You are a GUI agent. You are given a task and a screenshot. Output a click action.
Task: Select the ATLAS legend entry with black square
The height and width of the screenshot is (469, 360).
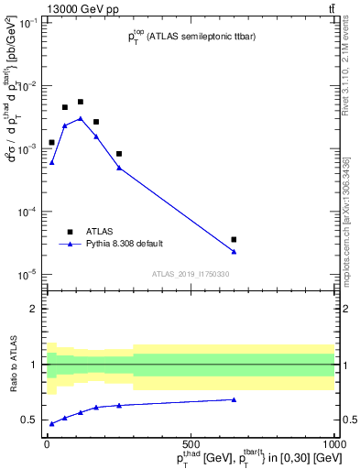70,232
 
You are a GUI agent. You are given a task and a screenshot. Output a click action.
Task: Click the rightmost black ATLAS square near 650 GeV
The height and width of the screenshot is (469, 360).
234,239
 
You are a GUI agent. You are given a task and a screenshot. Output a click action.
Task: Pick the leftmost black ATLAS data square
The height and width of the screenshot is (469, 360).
51,142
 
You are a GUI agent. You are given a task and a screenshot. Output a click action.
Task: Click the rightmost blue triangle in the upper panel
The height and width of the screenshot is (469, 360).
234,252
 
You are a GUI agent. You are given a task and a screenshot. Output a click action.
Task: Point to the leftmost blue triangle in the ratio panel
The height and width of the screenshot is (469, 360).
51,423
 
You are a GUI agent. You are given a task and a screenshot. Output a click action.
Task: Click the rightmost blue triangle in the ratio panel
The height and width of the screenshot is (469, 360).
234,399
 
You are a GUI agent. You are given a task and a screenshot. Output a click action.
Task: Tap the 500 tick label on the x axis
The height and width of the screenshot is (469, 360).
191,444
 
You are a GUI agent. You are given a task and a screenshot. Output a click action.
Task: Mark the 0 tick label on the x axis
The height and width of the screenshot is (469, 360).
47,444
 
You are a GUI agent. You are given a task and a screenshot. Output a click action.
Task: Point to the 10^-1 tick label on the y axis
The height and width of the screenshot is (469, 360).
29,23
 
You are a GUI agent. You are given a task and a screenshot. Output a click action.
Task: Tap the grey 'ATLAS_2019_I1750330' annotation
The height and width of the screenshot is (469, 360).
191,273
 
